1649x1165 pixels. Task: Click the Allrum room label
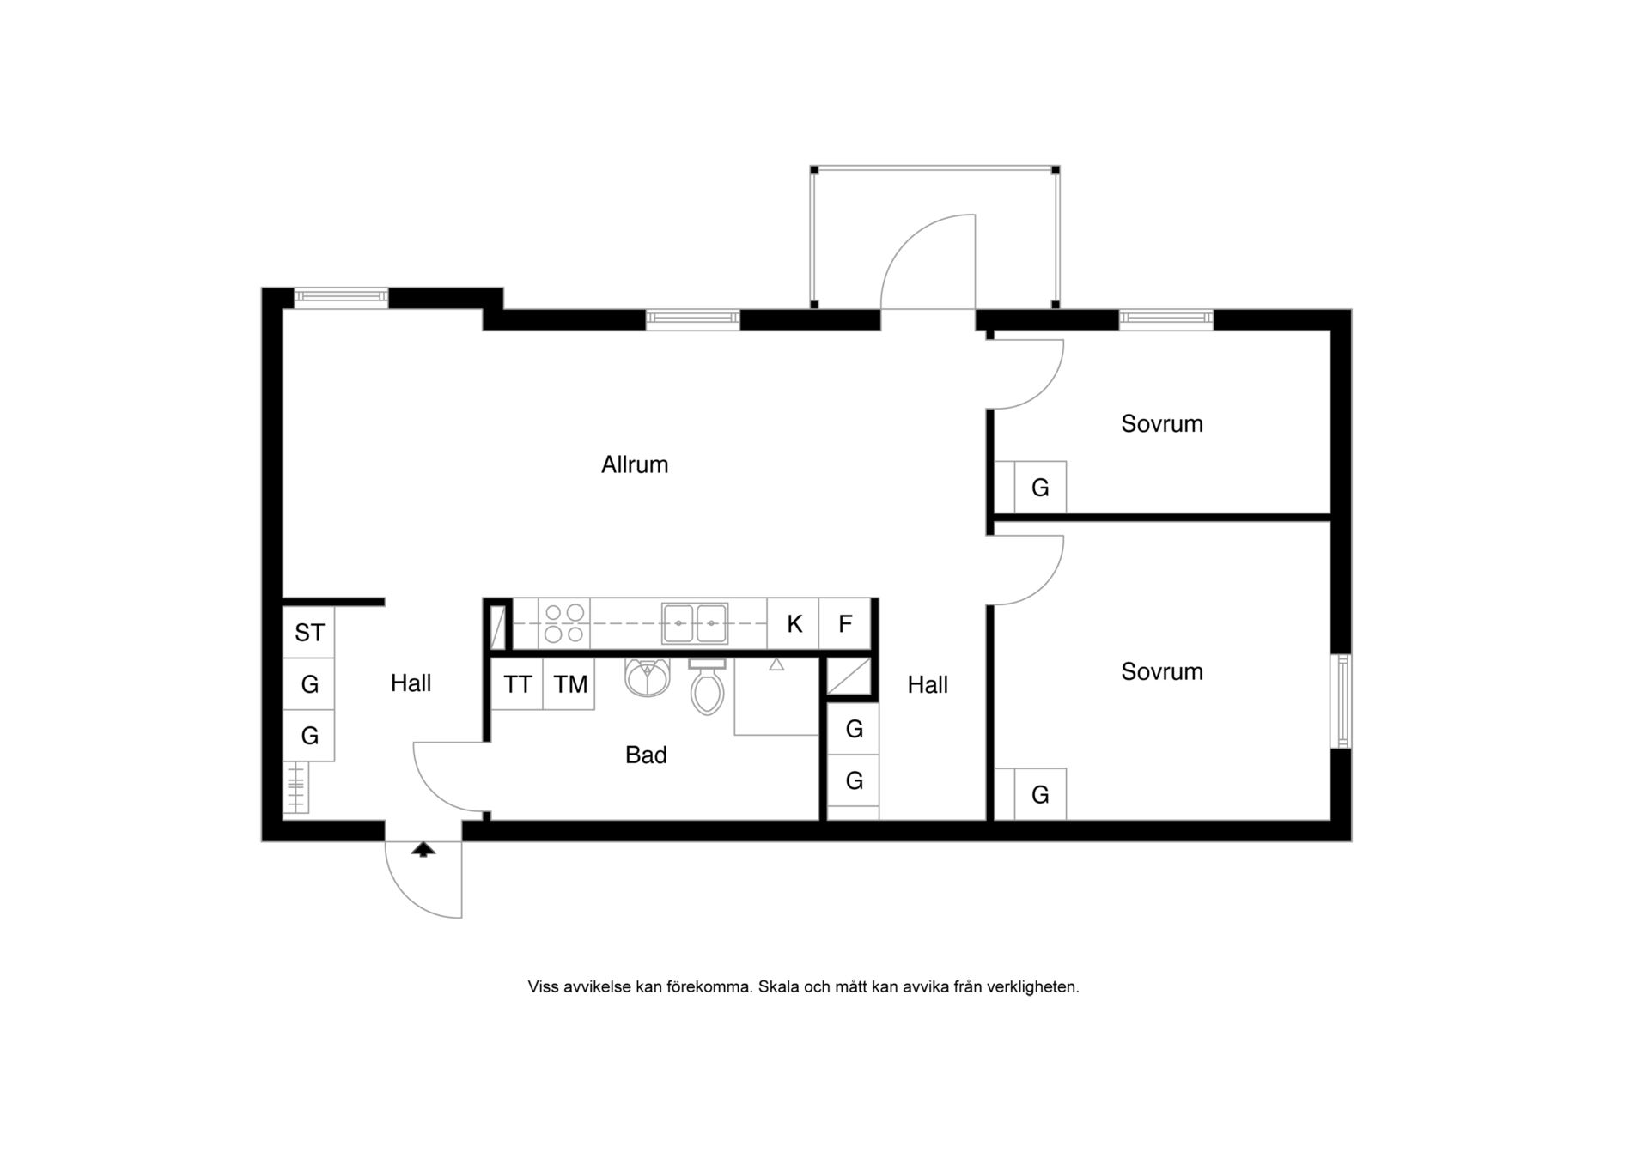pos(634,464)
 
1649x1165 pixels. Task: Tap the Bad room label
pos(646,755)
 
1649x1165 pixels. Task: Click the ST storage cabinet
pos(308,633)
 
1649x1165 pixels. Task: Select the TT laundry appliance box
pos(517,684)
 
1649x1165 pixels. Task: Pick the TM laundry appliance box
pos(569,684)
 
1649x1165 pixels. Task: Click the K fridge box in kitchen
pos(794,623)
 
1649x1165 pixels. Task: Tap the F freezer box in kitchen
pos(845,623)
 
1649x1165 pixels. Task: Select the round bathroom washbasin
pos(648,677)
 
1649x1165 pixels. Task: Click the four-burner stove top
pos(565,623)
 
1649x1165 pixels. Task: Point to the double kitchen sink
pos(695,623)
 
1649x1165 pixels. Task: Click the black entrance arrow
pos(423,849)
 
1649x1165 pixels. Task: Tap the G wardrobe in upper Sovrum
pos(1040,488)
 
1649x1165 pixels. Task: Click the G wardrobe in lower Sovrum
pos(1040,794)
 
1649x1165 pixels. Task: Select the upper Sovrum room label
pos(1161,423)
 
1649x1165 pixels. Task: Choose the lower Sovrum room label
pos(1161,671)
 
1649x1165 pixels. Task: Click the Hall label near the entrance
pos(411,683)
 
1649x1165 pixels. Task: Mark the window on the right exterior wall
pos(1341,701)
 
